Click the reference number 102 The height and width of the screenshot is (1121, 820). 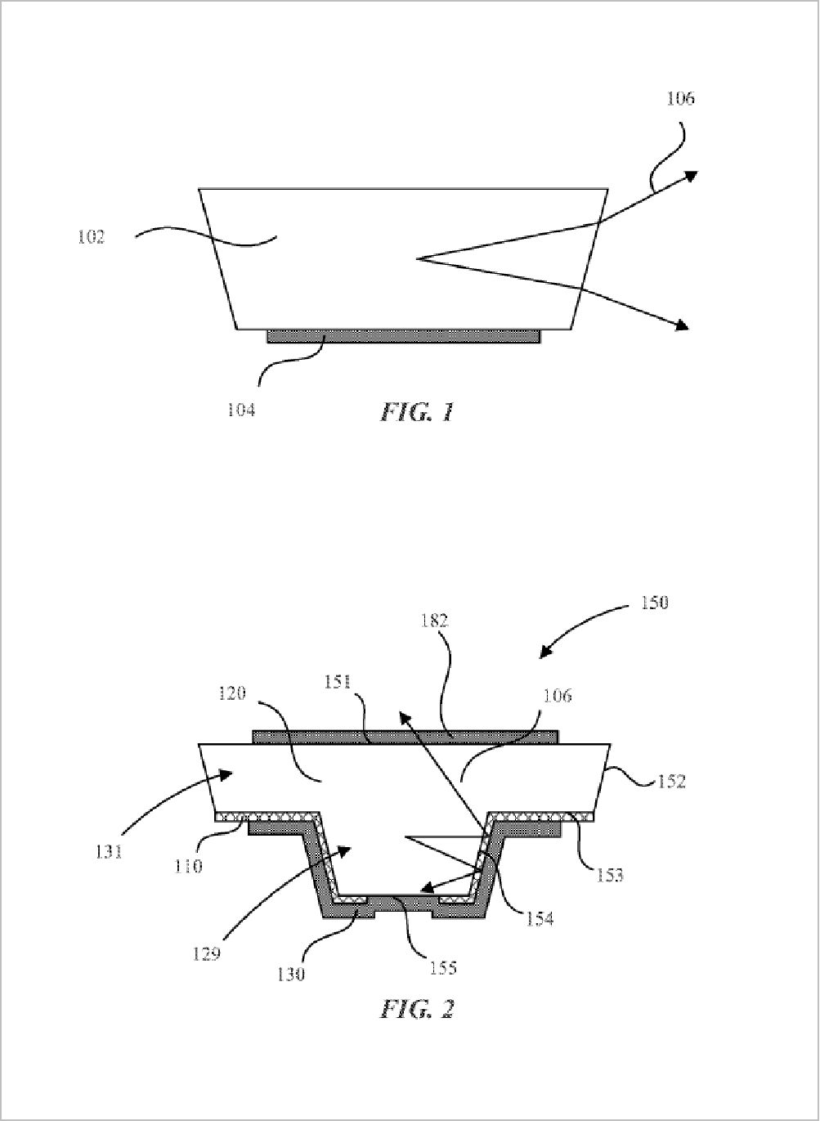click(x=91, y=237)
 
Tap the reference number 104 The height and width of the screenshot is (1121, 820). click(x=241, y=410)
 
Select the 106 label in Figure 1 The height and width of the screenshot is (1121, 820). click(x=680, y=99)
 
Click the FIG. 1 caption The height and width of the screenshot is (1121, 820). click(x=417, y=412)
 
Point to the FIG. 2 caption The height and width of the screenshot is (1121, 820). click(x=417, y=1008)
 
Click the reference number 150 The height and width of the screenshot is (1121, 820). click(x=654, y=602)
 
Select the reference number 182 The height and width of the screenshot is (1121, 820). click(x=434, y=621)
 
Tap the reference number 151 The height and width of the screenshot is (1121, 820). click(x=338, y=683)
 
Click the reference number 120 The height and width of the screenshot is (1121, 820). click(x=232, y=694)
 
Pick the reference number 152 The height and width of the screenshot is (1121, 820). click(x=671, y=781)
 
